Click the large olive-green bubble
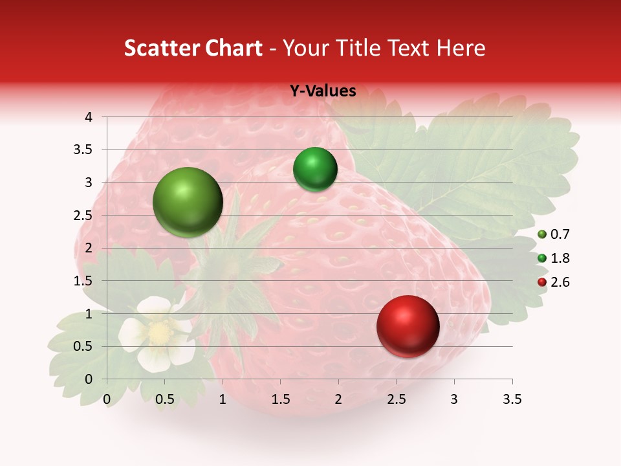pyautogui.click(x=188, y=202)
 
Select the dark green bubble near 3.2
pyautogui.click(x=315, y=170)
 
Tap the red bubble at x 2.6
pyautogui.click(x=408, y=326)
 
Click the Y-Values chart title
pyautogui.click(x=323, y=91)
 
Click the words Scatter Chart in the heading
pyautogui.click(x=193, y=48)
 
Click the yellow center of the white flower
pyautogui.click(x=159, y=333)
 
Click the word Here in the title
pyautogui.click(x=461, y=48)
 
